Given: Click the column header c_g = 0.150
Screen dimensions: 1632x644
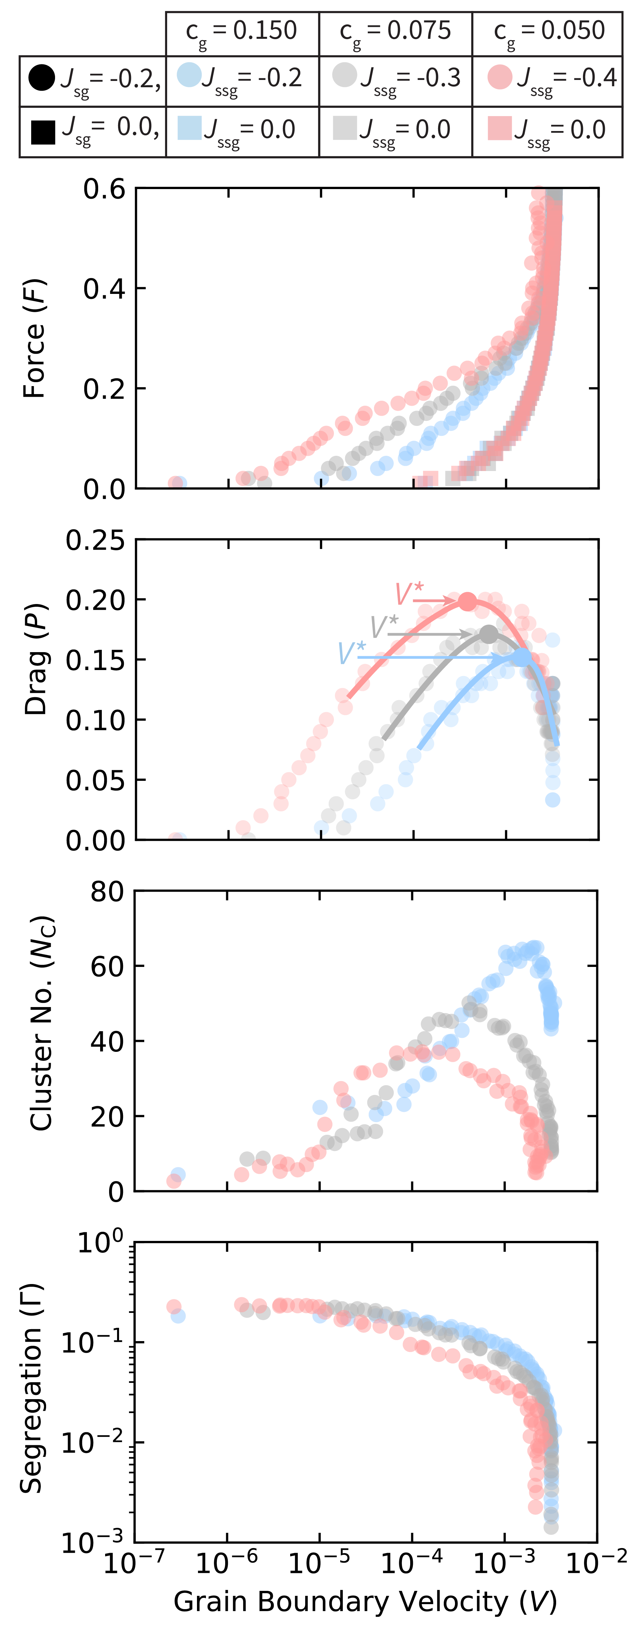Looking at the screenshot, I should pyautogui.click(x=242, y=32).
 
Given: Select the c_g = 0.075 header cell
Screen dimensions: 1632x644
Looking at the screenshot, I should pyautogui.click(x=396, y=32).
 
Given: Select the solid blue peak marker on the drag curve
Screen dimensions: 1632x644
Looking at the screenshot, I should pyautogui.click(x=522, y=657).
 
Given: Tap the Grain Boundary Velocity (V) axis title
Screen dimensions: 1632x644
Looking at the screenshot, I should pyautogui.click(x=365, y=1600).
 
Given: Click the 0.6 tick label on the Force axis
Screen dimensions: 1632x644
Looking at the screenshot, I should pyautogui.click(x=104, y=189).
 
